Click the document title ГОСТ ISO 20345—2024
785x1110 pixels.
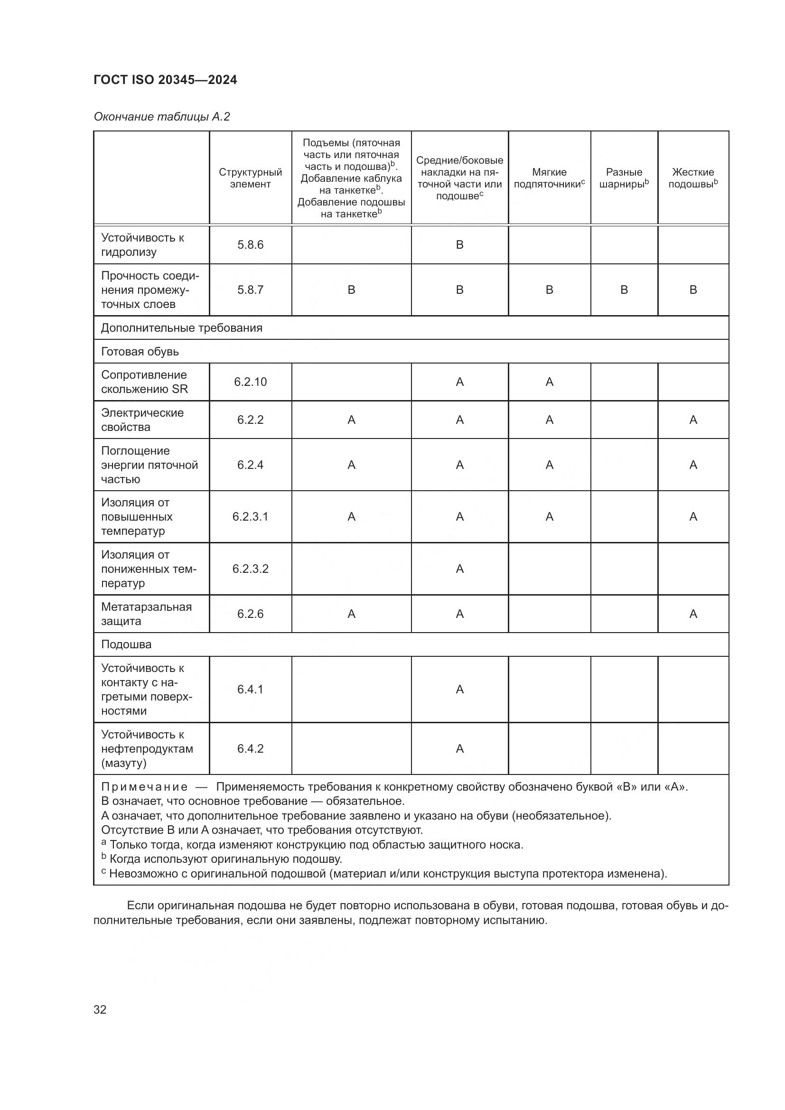pyautogui.click(x=165, y=80)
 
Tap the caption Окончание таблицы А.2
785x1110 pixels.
pyautogui.click(x=161, y=117)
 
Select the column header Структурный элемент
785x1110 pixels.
pyautogui.click(x=250, y=178)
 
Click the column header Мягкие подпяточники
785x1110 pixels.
pyautogui.click(x=549, y=178)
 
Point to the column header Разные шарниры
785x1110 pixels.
pyautogui.click(x=624, y=178)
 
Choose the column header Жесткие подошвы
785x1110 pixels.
pyautogui.click(x=692, y=178)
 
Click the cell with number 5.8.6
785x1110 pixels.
pyautogui.click(x=250, y=244)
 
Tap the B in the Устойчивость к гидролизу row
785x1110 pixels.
pyautogui.click(x=459, y=244)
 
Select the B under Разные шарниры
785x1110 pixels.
pyautogui.click(x=624, y=289)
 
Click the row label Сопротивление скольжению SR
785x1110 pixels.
pyautogui.click(x=144, y=382)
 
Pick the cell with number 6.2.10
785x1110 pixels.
pyautogui.click(x=250, y=382)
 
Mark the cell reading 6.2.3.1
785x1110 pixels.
pyautogui.click(x=250, y=517)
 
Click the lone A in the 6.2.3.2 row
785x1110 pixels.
pyautogui.click(x=459, y=569)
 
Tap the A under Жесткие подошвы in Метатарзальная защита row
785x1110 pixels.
pyautogui.click(x=692, y=614)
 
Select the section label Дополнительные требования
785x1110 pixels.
pyautogui.click(x=181, y=328)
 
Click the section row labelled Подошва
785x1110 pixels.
pyautogui.click(x=126, y=644)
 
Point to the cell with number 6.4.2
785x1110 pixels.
pyautogui.click(x=250, y=749)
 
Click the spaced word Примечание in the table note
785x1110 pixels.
pyautogui.click(x=144, y=787)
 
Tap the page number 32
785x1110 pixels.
pyautogui.click(x=100, y=1009)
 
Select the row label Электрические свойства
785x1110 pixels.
pyautogui.click(x=142, y=420)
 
